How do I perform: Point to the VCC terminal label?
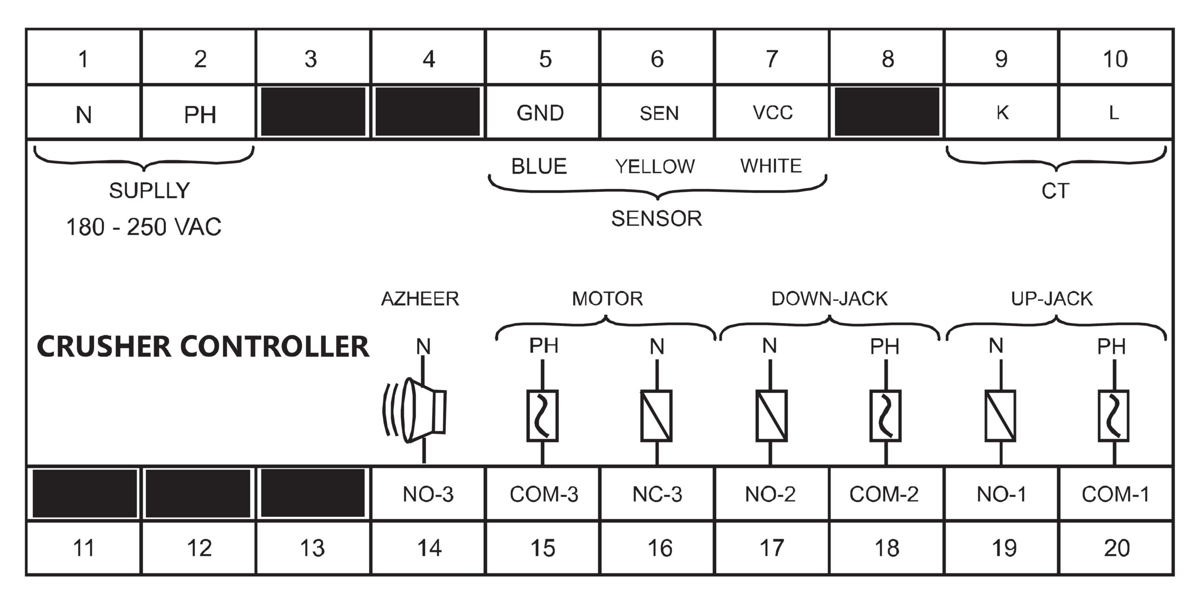(772, 113)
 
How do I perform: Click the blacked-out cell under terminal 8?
(887, 112)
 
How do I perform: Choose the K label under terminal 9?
(1002, 113)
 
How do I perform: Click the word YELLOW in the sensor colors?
(655, 166)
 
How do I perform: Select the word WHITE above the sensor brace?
(771, 166)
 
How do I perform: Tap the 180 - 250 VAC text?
(143, 227)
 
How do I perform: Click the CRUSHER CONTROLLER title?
(203, 347)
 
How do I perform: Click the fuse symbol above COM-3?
(542, 416)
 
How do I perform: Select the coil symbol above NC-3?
(657, 416)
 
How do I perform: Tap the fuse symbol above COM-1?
(1114, 416)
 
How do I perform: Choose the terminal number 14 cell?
(428, 548)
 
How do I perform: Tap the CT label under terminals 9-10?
(1055, 191)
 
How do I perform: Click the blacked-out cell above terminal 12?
(198, 493)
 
